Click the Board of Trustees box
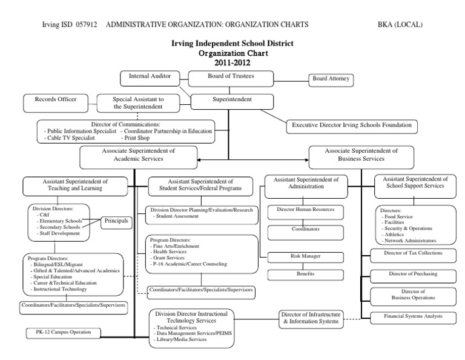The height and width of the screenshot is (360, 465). [x=230, y=76]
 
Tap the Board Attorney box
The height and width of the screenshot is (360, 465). [x=330, y=79]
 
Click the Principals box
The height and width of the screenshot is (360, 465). [x=116, y=221]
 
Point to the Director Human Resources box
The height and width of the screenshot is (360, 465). [x=301, y=213]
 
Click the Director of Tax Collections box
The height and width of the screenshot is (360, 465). [x=404, y=253]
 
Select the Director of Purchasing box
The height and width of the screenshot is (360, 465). [x=404, y=274]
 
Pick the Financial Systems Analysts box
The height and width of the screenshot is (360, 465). [x=404, y=316]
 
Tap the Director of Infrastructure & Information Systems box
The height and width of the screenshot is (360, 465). [x=311, y=318]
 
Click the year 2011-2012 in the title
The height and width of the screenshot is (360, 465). [x=232, y=62]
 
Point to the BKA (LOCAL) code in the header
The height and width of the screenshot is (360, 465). [x=400, y=25]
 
